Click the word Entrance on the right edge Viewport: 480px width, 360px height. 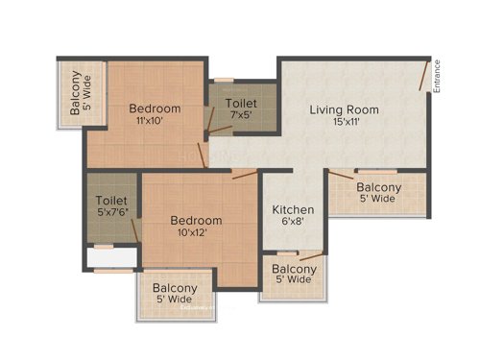pos(437,77)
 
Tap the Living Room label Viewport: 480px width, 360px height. pos(344,109)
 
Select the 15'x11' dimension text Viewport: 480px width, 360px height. pos(344,124)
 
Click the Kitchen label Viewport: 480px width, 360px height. pos(290,209)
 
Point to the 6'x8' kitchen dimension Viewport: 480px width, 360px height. pos(290,223)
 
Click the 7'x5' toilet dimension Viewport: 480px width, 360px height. pos(241,115)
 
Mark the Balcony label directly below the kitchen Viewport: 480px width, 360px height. pos(292,275)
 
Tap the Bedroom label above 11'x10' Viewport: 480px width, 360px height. pos(155,108)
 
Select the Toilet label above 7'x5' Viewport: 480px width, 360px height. pos(241,102)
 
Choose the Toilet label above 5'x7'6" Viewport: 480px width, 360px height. pos(112,201)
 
